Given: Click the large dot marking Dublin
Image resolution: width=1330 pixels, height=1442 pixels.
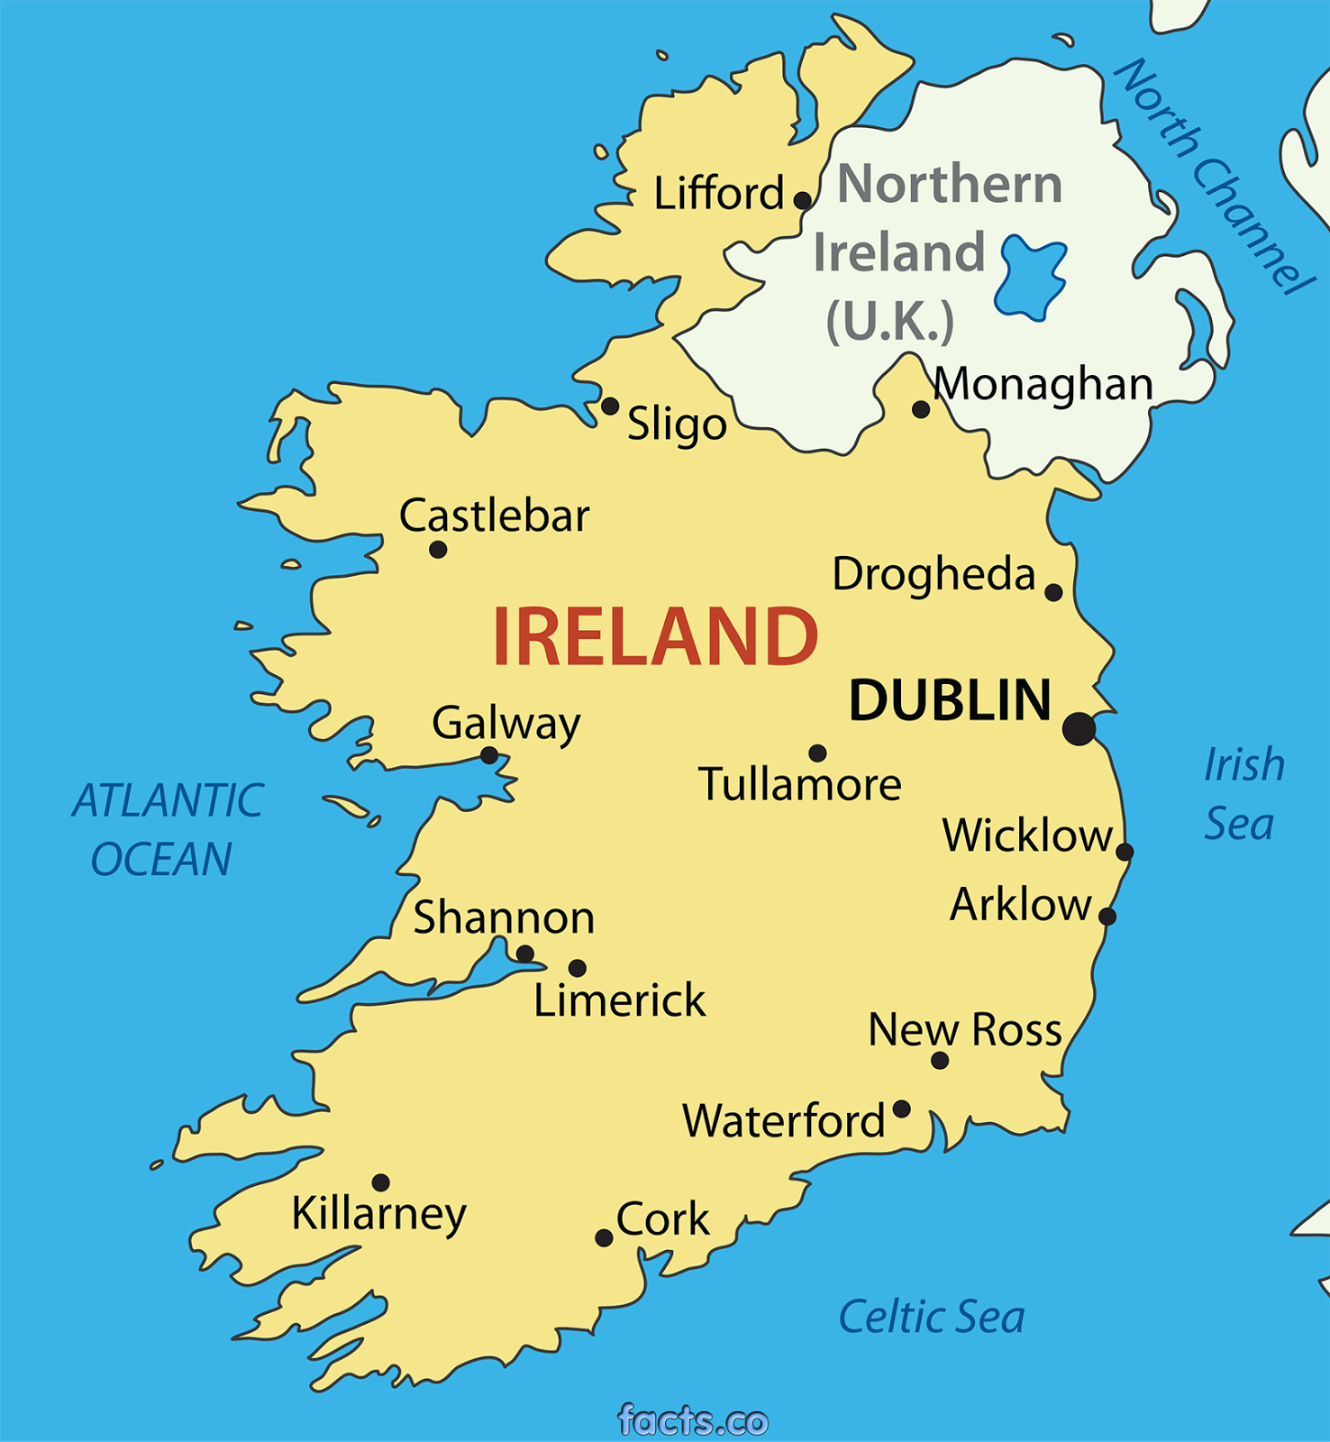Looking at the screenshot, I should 1079,728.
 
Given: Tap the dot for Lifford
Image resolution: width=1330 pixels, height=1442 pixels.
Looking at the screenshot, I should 802,200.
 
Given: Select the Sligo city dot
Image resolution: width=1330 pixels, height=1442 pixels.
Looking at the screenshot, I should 610,406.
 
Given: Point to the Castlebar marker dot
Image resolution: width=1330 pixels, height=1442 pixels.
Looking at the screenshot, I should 438,550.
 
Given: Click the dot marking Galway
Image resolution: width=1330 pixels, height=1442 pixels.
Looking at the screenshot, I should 489,755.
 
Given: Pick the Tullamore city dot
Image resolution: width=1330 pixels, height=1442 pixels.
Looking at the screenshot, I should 817,753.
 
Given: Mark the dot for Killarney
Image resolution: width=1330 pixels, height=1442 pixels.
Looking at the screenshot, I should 381,1182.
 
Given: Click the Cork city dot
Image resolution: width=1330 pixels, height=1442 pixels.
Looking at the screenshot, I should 605,1238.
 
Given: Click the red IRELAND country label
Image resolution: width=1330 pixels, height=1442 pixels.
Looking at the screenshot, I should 655,637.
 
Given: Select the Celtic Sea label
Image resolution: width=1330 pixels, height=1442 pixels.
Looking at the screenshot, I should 932,1318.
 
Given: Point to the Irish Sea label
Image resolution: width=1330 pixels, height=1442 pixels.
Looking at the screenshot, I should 1243,794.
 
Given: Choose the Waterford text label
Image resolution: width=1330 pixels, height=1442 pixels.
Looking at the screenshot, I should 784,1121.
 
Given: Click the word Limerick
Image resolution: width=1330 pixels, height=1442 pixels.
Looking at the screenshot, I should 619,1000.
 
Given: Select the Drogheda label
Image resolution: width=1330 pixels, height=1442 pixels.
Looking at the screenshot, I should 934,574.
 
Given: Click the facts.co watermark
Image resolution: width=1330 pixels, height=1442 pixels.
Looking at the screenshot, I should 693,1420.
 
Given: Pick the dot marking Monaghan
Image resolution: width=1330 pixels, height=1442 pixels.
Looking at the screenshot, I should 921,410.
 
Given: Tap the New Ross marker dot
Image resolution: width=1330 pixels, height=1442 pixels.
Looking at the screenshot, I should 940,1061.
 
